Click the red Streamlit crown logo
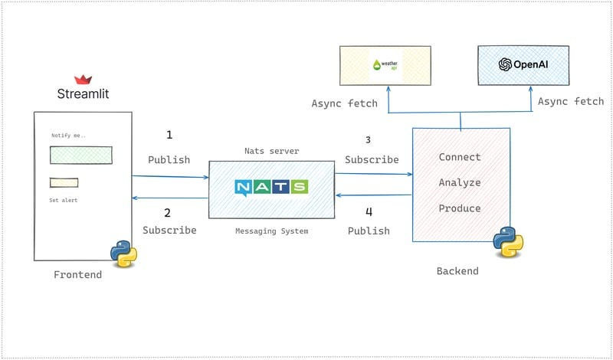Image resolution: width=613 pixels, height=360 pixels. click(83, 80)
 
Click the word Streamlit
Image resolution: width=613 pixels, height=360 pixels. click(83, 95)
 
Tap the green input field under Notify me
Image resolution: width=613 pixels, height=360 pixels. click(80, 155)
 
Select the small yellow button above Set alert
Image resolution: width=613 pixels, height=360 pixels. click(64, 183)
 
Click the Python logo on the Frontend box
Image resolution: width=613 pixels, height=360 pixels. click(123, 253)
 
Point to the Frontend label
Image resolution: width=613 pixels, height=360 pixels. click(77, 275)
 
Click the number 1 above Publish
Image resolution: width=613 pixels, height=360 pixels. click(169, 136)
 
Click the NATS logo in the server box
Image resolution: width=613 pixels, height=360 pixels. click(271, 187)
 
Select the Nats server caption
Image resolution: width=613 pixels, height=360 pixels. click(271, 151)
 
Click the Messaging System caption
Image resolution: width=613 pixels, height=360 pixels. click(271, 231)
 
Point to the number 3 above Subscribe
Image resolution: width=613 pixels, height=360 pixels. click(368, 140)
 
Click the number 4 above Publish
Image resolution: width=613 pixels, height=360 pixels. click(368, 212)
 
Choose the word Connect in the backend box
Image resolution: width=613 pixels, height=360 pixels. click(460, 157)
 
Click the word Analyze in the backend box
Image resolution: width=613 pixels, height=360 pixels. click(460, 183)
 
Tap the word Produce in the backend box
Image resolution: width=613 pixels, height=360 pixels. click(460, 208)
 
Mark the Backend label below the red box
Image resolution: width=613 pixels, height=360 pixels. click(457, 271)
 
